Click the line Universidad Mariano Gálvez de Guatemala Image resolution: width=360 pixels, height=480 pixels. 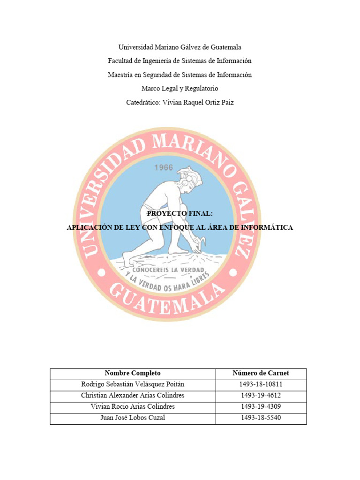(x=180, y=47)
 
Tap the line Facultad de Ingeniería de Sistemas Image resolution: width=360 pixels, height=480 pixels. (x=180, y=61)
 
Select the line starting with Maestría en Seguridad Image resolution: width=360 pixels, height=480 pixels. (x=180, y=75)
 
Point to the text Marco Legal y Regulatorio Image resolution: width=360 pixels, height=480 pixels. (x=180, y=88)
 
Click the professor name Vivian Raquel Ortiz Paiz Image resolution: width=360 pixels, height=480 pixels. (x=197, y=102)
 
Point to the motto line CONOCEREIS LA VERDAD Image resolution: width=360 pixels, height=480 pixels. (x=168, y=271)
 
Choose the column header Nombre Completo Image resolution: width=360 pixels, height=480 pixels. (x=133, y=374)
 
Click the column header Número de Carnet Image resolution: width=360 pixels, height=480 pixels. (x=261, y=374)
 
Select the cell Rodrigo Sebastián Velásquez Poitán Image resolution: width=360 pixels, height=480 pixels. (x=133, y=385)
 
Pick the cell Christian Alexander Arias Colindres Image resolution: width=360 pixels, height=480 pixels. (x=133, y=396)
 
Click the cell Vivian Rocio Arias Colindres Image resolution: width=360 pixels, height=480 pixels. (x=133, y=407)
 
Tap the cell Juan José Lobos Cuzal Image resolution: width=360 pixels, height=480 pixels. (x=133, y=418)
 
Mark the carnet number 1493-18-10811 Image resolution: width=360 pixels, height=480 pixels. (x=261, y=385)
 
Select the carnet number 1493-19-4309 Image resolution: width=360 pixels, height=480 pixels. (x=261, y=407)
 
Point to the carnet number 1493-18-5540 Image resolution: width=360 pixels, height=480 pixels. (x=261, y=418)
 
